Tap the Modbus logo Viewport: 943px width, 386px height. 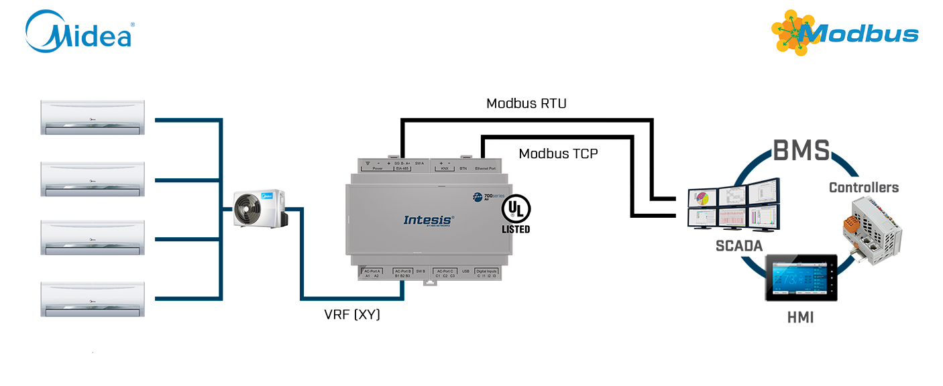click(844, 33)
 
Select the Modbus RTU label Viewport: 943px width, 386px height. click(526, 104)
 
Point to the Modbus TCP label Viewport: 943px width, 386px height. click(558, 153)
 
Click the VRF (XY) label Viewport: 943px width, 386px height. click(352, 314)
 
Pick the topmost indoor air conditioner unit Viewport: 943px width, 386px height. click(93, 117)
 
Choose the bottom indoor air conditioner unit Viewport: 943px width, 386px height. click(93, 299)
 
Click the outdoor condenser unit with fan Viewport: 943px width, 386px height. click(258, 208)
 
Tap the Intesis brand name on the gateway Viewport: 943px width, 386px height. click(429, 219)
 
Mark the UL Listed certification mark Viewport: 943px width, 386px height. click(516, 214)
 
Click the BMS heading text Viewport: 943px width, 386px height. click(801, 151)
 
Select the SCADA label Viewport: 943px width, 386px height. click(739, 246)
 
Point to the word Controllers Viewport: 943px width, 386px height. click(864, 188)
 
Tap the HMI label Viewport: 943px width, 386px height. click(800, 318)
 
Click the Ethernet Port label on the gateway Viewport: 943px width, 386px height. click(485, 169)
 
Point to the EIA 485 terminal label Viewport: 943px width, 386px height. click(402, 169)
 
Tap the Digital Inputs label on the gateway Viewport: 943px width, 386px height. click(487, 271)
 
